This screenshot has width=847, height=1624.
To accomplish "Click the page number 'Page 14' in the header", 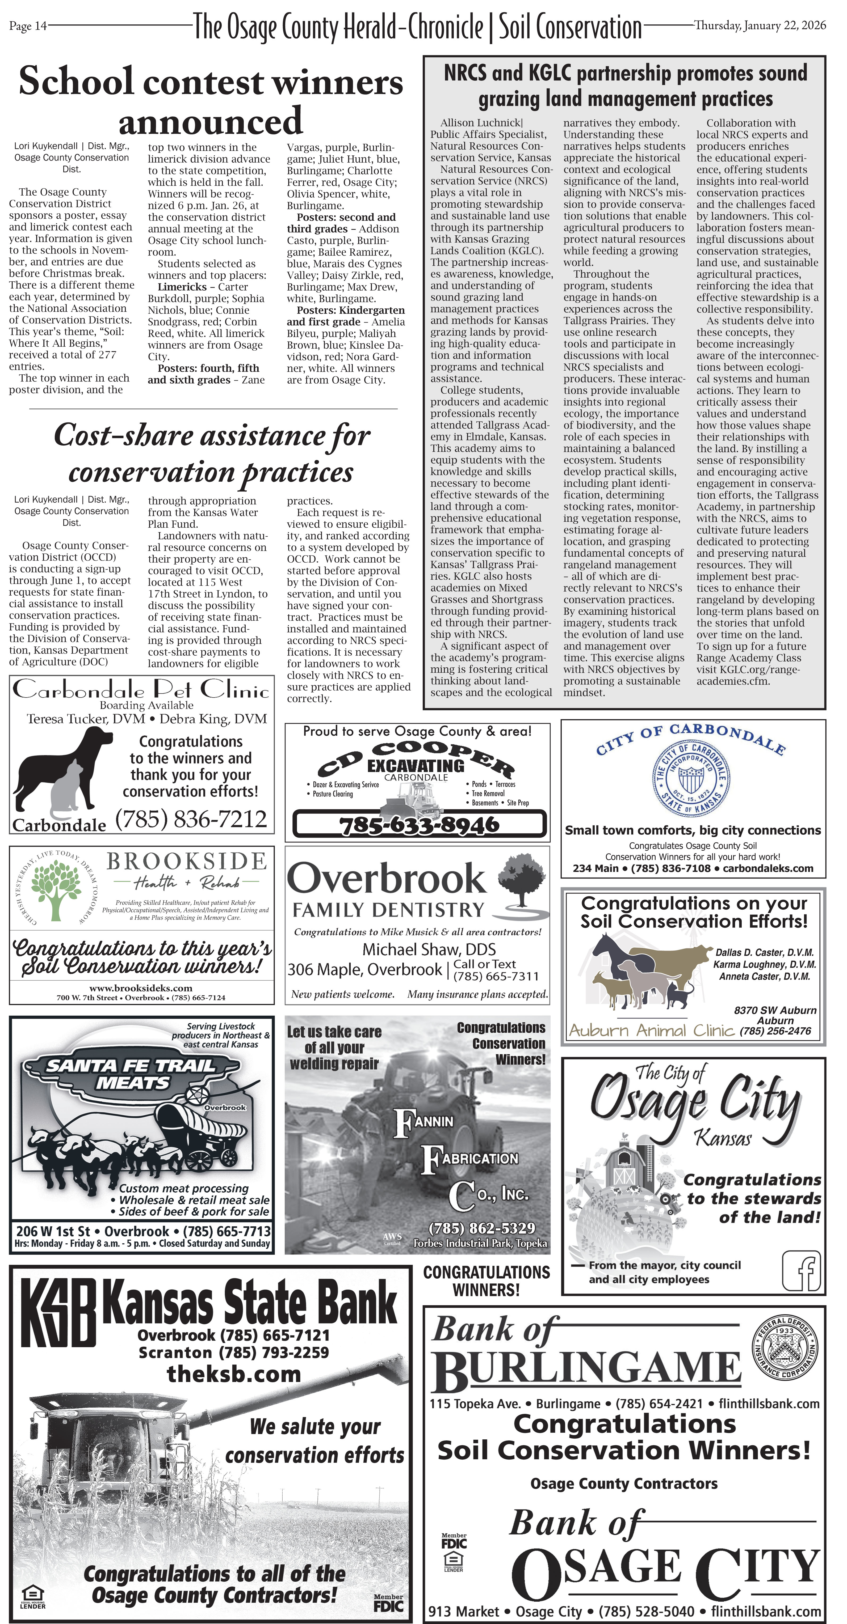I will click(28, 26).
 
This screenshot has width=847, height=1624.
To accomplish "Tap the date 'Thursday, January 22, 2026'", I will click(760, 25).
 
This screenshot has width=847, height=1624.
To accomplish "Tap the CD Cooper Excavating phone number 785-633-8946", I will click(419, 824).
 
